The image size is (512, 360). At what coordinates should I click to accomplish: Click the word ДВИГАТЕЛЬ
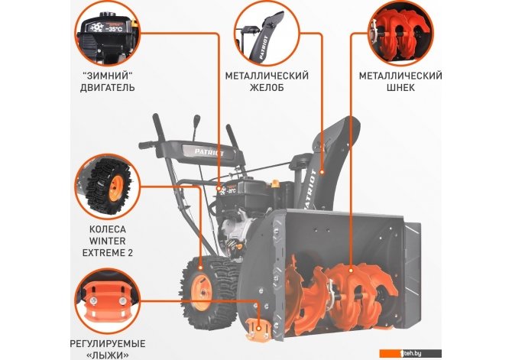(x=108, y=88)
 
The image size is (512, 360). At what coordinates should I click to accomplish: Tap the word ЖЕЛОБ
(x=267, y=88)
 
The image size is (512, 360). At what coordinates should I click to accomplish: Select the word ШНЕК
(x=400, y=88)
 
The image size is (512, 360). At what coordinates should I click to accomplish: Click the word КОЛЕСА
(x=108, y=229)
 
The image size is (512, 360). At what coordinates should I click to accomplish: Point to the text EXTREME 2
(x=108, y=253)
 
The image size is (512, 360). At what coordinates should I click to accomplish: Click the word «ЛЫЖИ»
(x=108, y=355)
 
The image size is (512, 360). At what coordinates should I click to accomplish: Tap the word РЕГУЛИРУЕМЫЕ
(x=108, y=344)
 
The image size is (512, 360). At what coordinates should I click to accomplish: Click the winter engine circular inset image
(x=108, y=34)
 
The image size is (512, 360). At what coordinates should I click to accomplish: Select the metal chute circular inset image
(x=267, y=34)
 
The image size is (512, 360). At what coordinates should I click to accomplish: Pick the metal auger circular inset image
(x=400, y=34)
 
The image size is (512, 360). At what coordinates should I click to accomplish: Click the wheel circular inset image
(x=108, y=186)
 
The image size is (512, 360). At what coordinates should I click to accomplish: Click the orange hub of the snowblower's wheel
(x=201, y=292)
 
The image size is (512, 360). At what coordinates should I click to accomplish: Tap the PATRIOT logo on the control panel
(x=209, y=152)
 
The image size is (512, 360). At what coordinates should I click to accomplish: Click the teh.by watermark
(x=410, y=353)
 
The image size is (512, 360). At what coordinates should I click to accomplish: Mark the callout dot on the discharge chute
(x=322, y=171)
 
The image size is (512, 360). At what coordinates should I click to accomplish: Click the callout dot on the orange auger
(x=351, y=270)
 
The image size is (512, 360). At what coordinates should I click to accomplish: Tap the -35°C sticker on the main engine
(x=228, y=190)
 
